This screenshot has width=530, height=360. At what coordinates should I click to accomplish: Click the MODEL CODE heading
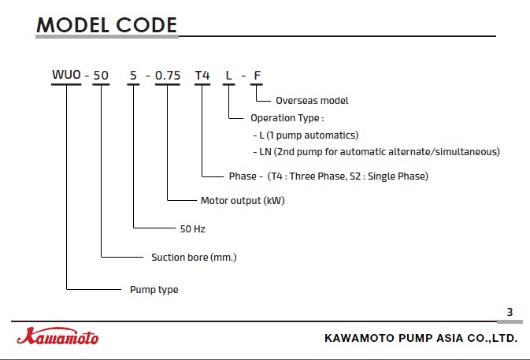[x=106, y=25]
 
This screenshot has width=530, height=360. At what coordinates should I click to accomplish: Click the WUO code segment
[x=66, y=75]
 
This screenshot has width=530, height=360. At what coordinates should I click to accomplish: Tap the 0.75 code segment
[x=168, y=76]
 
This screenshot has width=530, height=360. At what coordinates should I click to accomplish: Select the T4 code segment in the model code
[x=202, y=76]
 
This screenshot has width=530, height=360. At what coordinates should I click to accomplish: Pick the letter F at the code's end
[x=257, y=76]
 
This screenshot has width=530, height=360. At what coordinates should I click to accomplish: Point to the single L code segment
[x=229, y=76]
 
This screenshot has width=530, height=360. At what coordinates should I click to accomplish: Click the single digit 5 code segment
[x=133, y=76]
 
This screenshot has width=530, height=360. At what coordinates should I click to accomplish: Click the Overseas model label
[x=312, y=101]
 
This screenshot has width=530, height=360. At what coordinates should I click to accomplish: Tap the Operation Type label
[x=287, y=118]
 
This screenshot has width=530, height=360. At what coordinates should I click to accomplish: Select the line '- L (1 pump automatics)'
[x=306, y=135]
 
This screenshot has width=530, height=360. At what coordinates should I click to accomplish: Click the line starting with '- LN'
[x=376, y=152]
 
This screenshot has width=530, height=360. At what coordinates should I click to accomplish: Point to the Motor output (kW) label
[x=243, y=201]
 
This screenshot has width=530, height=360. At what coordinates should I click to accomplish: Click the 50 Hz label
[x=193, y=229]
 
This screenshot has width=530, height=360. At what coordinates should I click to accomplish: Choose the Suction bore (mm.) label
[x=194, y=258]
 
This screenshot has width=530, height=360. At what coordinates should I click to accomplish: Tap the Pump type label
[x=154, y=290]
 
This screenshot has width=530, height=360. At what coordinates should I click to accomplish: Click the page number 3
[x=510, y=312]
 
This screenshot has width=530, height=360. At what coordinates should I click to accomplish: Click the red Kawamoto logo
[x=57, y=336]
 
